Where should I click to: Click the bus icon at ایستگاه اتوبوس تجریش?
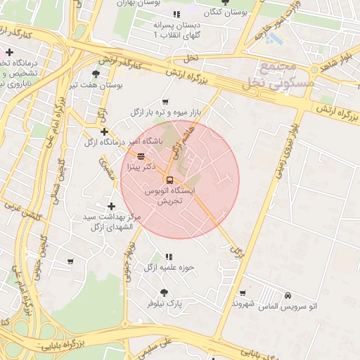tap(169, 179)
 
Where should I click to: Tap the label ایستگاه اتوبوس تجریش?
tap(169, 195)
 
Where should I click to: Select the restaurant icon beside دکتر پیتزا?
tap(141, 156)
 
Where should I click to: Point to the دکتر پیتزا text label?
tap(141, 167)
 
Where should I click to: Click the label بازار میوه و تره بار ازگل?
tap(165, 112)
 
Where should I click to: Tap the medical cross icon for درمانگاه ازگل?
tap(104, 131)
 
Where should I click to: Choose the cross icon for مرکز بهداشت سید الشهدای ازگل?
tap(111, 206)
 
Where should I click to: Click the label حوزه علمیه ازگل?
tap(169, 267)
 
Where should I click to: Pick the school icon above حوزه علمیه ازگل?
tap(168, 257)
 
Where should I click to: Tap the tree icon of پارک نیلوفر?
tap(164, 292)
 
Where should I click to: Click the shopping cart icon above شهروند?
tap(243, 293)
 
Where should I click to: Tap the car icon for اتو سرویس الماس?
tap(288, 296)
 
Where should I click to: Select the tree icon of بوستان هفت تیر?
tap(96, 73)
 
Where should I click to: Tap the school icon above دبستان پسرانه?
tap(176, 14)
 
